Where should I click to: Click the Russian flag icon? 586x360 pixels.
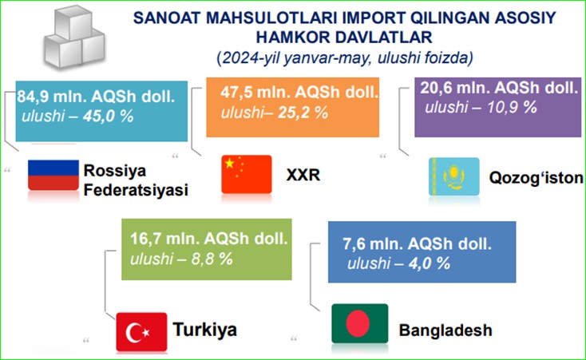(x=53, y=175)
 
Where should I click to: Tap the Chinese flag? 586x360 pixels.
(x=247, y=174)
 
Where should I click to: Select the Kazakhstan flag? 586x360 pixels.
(x=454, y=176)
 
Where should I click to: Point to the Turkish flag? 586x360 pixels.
(x=141, y=332)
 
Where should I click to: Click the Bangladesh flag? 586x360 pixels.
(x=360, y=323)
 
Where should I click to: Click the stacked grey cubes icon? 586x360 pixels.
(x=74, y=38)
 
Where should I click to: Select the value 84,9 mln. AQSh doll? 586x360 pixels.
(x=96, y=97)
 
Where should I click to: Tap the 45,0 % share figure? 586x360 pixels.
(x=109, y=117)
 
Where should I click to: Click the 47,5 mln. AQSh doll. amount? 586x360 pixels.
(x=299, y=92)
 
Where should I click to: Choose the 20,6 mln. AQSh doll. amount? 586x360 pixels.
(x=499, y=88)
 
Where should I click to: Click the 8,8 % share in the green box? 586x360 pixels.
(x=212, y=259)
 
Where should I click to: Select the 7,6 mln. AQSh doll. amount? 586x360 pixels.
(x=417, y=243)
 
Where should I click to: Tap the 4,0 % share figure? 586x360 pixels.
(x=430, y=263)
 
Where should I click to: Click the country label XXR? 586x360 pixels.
(x=303, y=175)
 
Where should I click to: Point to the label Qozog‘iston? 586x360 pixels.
(x=537, y=178)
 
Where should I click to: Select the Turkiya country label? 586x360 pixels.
(x=205, y=330)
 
